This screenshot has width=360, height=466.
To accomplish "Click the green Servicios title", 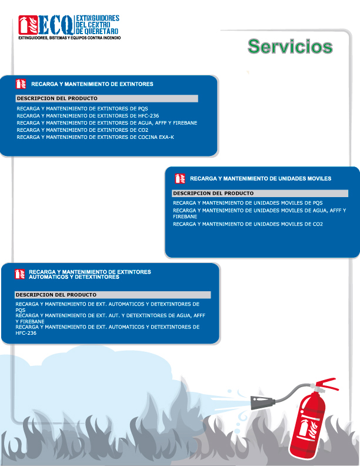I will [x=290, y=46].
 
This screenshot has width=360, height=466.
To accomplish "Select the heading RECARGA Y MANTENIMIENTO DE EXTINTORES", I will [x=92, y=84].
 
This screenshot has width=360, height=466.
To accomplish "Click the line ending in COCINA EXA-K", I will [x=95, y=137].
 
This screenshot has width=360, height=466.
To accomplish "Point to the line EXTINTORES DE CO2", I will [x=82, y=129].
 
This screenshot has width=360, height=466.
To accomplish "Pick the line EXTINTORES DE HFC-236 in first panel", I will [x=88, y=116].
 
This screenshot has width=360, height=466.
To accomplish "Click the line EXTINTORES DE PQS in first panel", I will [x=82, y=109].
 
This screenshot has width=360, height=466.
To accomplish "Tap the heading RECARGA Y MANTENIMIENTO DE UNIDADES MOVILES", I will [x=261, y=178].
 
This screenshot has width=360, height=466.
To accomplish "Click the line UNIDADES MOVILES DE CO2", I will [x=248, y=224].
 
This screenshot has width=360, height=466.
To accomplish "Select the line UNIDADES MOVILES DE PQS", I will [x=248, y=203].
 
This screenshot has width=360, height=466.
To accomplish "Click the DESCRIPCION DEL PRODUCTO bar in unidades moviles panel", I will [x=259, y=193].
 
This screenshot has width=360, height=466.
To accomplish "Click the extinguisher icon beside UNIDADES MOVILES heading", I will [x=179, y=178].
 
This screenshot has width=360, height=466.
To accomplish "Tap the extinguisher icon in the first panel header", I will [x=20, y=84].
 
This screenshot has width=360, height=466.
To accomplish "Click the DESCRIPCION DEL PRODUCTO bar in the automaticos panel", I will [x=112, y=294].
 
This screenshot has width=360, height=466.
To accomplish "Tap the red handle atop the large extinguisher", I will [x=327, y=384].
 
